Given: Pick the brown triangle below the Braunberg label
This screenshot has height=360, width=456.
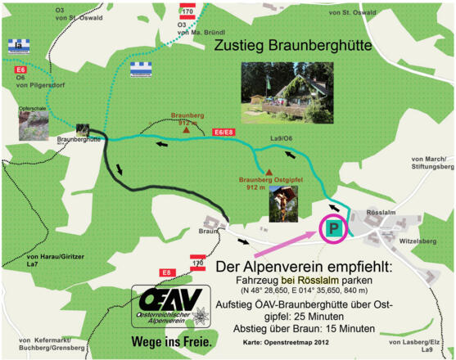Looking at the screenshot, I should point(186,130).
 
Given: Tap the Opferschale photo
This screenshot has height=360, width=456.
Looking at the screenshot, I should point(34,125).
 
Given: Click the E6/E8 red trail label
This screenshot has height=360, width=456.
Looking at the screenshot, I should point(223,131).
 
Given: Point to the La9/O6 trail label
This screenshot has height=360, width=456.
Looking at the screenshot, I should point(282,138).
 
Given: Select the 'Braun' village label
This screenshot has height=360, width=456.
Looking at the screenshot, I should point(208,231).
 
